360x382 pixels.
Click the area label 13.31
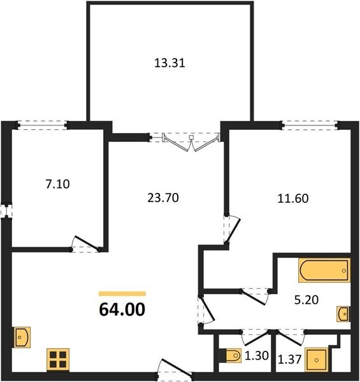pyautogui.click(x=170, y=63)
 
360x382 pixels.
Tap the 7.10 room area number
pyautogui.click(x=58, y=184)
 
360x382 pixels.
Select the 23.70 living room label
pyautogui.click(x=163, y=197)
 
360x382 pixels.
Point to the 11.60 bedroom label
pyautogui.click(x=293, y=198)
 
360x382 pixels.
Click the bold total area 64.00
pyautogui.click(x=122, y=309)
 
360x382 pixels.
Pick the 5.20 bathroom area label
pyautogui.click(x=306, y=300)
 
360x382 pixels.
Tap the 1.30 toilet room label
pyautogui.click(x=257, y=356)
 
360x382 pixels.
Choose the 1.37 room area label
pyautogui.click(x=290, y=359)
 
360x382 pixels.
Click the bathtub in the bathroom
pyautogui.click(x=324, y=271)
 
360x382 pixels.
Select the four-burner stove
pyautogui.click(x=58, y=360)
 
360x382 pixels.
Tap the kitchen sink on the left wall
pyautogui.click(x=22, y=337)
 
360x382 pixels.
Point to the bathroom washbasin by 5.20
pyautogui.click(x=343, y=314)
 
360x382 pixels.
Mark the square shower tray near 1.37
pyautogui.click(x=317, y=360)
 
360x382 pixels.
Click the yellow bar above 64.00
pyautogui.click(x=122, y=294)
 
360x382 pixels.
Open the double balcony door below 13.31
pyautogui.click(x=191, y=143)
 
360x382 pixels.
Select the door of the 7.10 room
pyautogui.click(x=86, y=244)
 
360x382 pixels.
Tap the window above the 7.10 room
pyautogui.click(x=43, y=125)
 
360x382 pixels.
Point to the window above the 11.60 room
pyautogui.click(x=310, y=125)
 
